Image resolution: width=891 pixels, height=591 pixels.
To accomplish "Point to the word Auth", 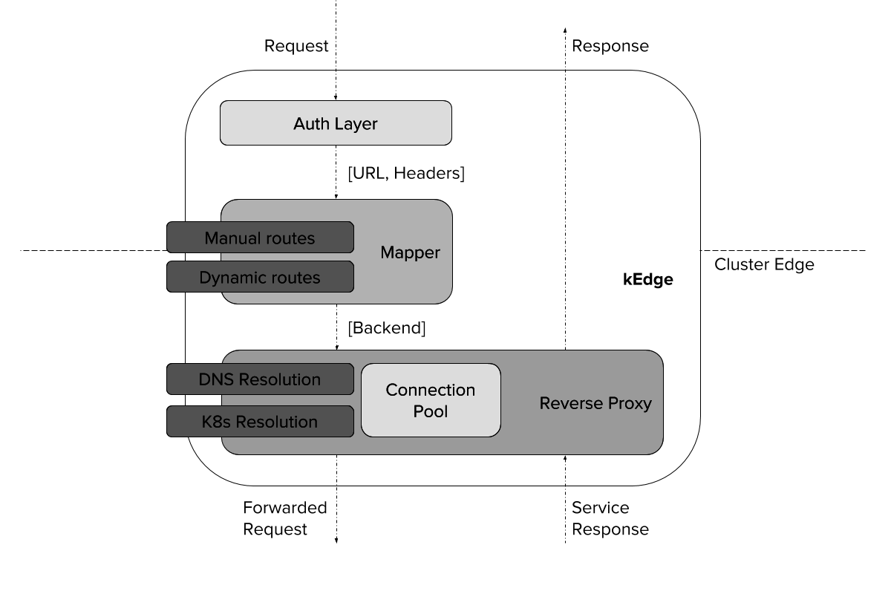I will click(310, 124).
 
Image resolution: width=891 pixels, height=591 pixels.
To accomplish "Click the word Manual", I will click(232, 238).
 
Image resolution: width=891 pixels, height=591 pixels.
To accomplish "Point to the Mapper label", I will click(410, 252).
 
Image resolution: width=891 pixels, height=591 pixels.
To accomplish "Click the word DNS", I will click(216, 379).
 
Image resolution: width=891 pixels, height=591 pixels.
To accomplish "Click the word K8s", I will click(217, 422).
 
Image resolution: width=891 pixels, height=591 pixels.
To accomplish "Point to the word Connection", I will click(431, 390).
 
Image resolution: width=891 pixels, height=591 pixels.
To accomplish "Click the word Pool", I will click(431, 411).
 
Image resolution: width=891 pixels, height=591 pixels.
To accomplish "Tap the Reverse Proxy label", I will click(595, 403).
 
